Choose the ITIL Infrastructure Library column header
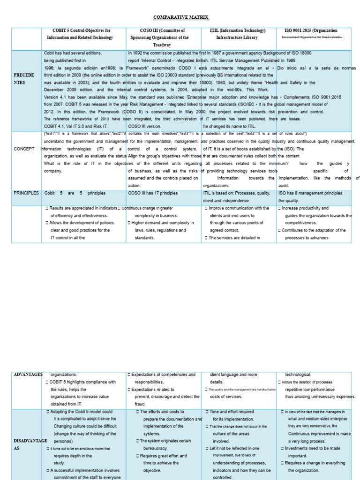click(x=237, y=34)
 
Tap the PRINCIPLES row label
click(x=26, y=193)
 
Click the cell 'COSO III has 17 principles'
click(x=153, y=193)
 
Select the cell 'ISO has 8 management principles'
click(x=311, y=193)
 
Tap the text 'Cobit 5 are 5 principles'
click(x=75, y=193)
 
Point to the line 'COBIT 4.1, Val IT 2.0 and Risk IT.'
click(x=75, y=126)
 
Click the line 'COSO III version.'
click(x=144, y=126)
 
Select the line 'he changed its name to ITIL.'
click(x=230, y=126)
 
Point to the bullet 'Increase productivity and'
click(x=305, y=208)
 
